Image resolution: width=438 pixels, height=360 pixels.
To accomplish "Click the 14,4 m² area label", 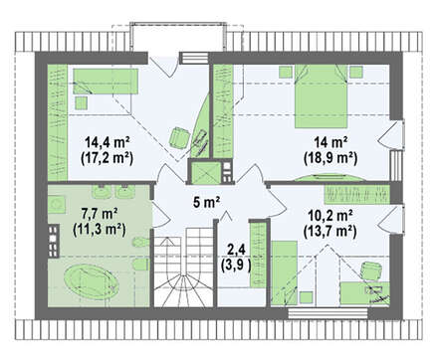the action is pos(107,142).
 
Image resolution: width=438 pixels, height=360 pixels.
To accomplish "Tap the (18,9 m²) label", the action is pos(330,158).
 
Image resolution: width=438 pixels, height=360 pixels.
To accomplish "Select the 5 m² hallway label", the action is pos(206,202).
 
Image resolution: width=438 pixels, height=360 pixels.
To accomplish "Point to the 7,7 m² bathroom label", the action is pos(100,214).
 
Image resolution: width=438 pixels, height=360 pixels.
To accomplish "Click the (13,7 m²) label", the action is pos(330,231).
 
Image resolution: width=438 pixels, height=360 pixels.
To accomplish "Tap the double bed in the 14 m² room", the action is pos(321,96).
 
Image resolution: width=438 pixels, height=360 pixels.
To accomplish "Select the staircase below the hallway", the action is pos(183,267).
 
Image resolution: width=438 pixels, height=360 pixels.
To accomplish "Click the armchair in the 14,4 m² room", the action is pos(179,137).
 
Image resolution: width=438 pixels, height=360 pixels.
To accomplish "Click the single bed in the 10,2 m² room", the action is pos(284,272).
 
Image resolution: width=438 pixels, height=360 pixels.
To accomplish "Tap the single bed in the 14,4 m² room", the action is pos(106,82).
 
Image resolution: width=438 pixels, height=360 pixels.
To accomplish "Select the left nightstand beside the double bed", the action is pos(286,72).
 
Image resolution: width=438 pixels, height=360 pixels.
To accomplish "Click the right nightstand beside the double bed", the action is pos(356,72).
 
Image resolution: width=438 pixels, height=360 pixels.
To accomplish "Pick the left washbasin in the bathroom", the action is pos(100,191).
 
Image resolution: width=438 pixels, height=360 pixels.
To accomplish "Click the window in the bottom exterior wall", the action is pos(328,313).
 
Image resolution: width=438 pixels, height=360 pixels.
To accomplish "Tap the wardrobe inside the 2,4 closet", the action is pos(258,254).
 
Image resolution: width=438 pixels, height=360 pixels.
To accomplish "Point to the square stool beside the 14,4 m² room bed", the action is pos(81,102).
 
